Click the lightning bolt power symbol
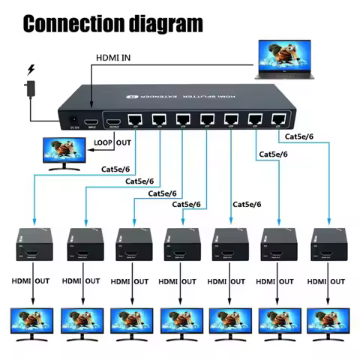click(x=31, y=71)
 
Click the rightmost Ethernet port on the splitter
click(x=279, y=118)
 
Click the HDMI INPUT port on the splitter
click(x=91, y=121)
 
